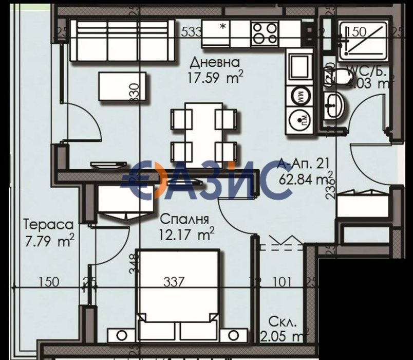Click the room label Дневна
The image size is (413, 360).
point(215,63)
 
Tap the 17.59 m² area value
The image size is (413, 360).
point(216,78)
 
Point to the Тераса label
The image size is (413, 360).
point(49,225)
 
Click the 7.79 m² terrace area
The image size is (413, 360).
point(50,240)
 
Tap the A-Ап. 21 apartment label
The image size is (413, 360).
point(304,165)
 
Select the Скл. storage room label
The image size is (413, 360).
point(283,322)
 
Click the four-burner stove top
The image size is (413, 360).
point(265,33)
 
